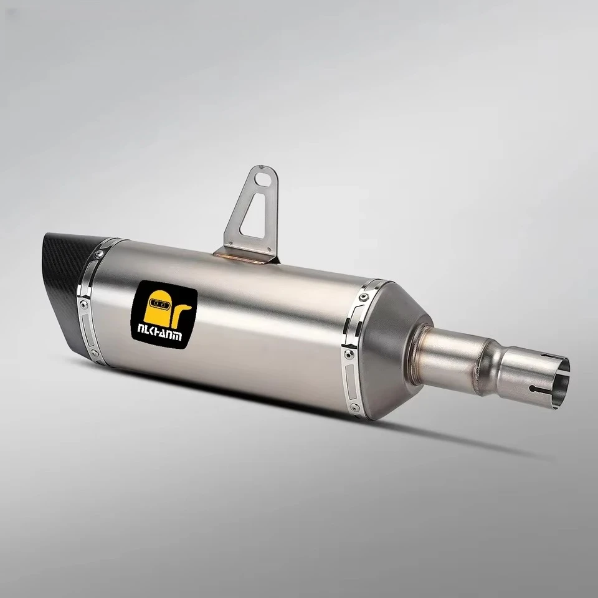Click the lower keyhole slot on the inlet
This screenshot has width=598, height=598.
[536, 390]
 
